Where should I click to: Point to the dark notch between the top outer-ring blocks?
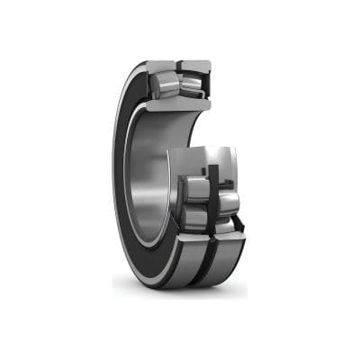click(x=179, y=65)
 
